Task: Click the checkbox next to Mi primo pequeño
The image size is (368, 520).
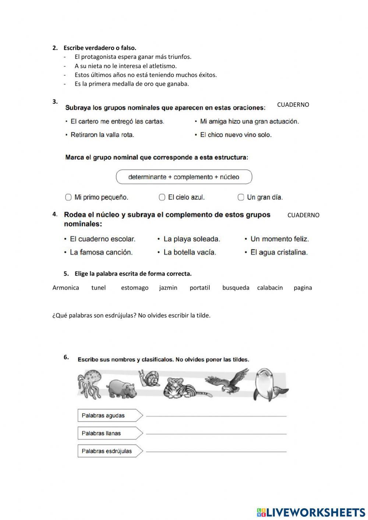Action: tap(68, 197)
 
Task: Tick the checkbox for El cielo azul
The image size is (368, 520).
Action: tap(162, 197)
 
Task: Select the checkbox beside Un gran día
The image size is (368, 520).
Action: tap(241, 197)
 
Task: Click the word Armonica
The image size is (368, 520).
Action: tap(66, 288)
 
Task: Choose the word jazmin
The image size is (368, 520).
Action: tap(168, 288)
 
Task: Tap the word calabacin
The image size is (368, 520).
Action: tap(270, 288)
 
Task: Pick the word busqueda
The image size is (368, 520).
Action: tap(236, 288)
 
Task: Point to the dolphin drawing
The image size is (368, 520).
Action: tap(269, 385)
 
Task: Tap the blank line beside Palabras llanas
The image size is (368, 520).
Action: tap(216, 434)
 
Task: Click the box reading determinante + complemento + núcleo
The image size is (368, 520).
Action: tap(184, 177)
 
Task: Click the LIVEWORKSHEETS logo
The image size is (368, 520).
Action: tap(311, 512)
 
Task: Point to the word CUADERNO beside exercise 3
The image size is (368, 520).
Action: tap(293, 105)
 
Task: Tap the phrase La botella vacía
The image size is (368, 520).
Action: tap(190, 252)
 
